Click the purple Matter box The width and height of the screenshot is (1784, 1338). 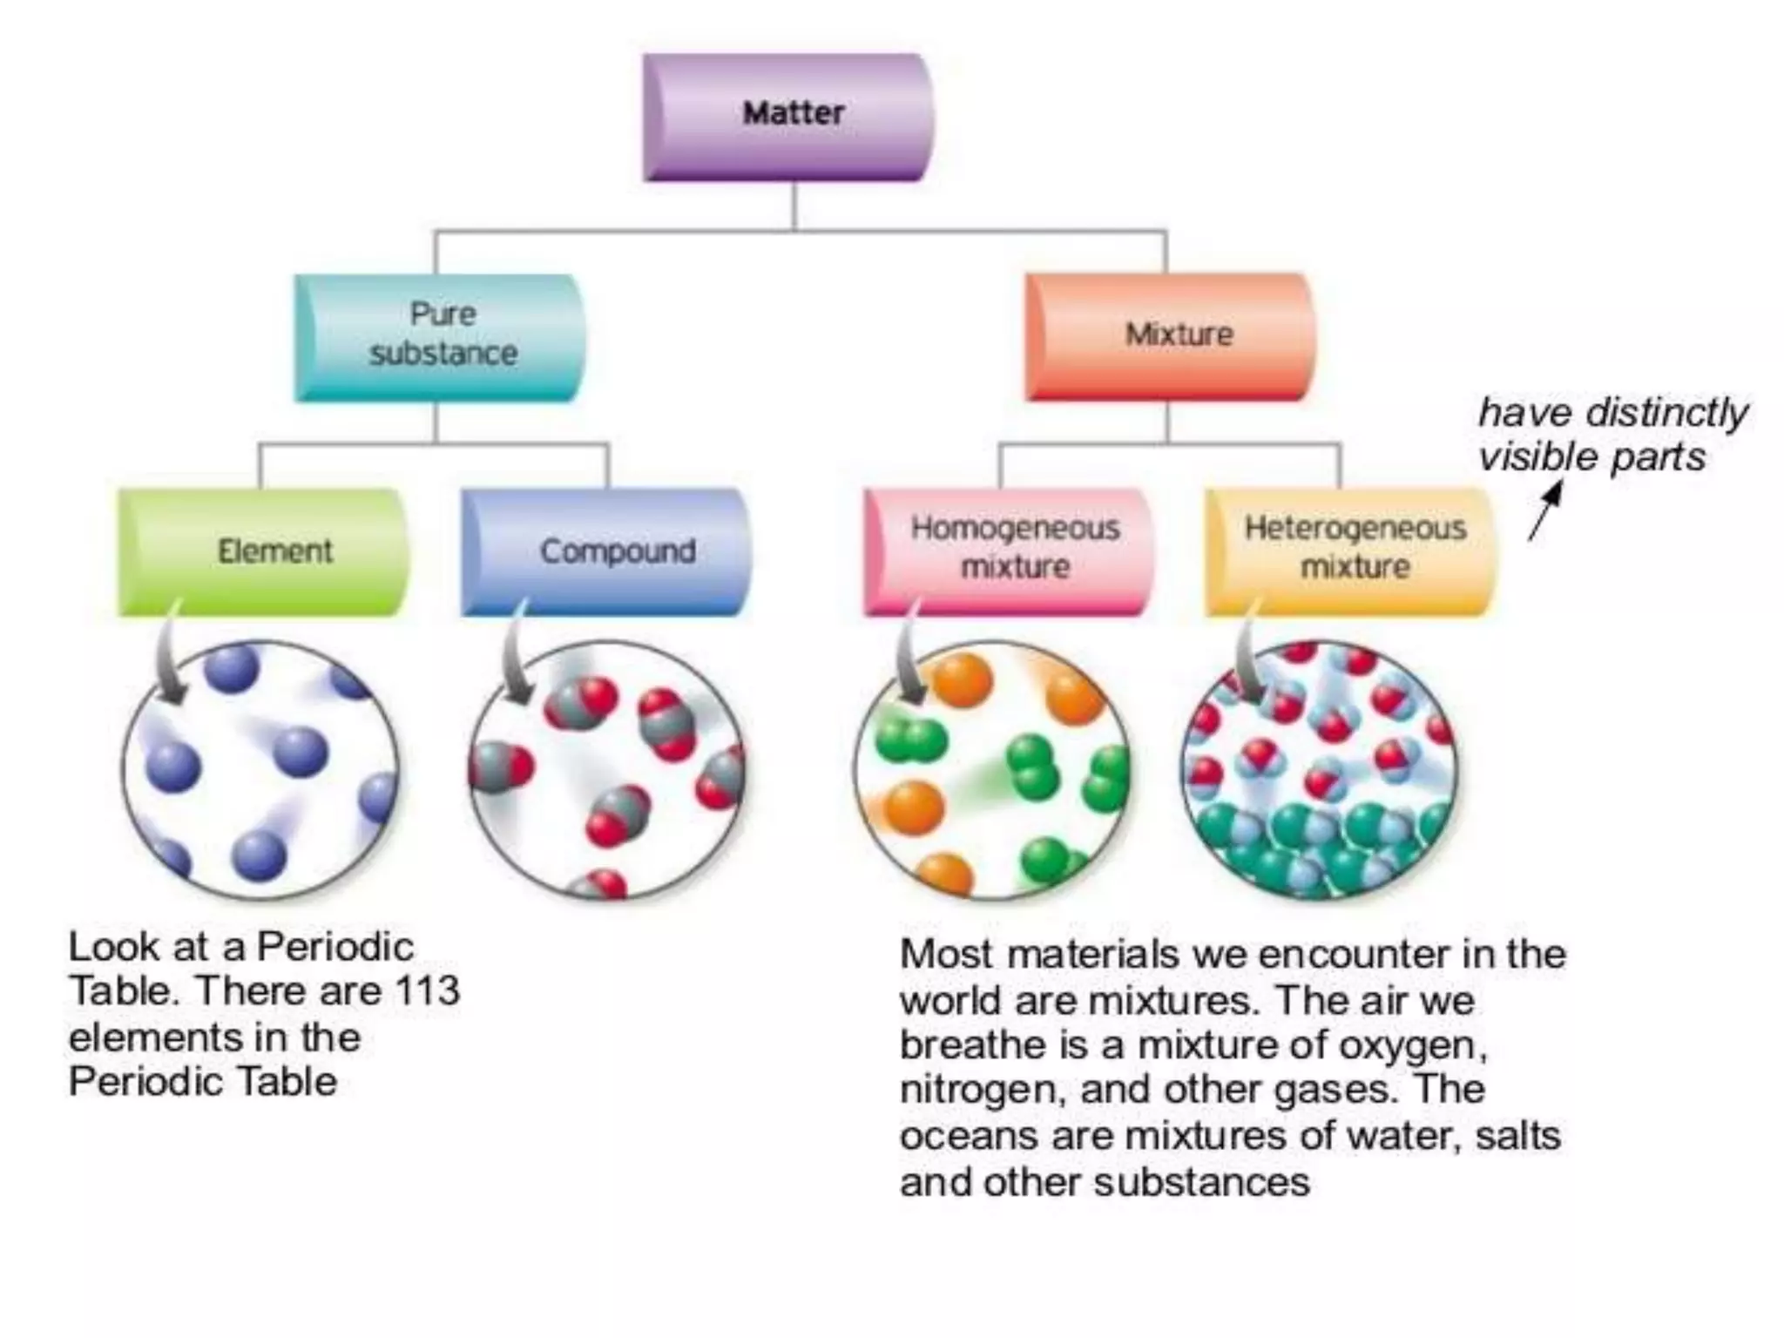788,117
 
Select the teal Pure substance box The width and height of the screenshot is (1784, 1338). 440,338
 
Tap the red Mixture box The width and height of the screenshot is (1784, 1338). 1170,336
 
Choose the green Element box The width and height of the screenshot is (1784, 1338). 263,551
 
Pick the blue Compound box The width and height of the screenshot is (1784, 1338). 605,551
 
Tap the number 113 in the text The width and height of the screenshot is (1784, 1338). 427,990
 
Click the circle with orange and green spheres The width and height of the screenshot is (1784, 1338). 991,771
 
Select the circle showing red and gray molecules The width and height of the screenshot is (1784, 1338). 607,771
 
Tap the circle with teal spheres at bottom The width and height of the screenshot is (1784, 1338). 1319,771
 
